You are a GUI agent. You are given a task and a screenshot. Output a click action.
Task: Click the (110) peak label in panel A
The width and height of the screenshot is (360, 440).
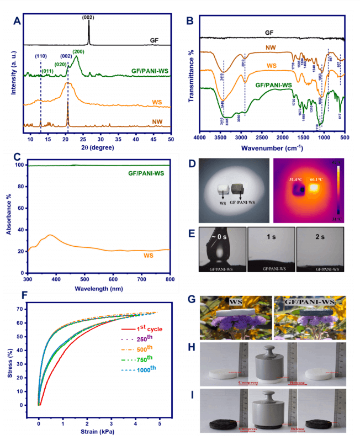pyautogui.click(x=40, y=56)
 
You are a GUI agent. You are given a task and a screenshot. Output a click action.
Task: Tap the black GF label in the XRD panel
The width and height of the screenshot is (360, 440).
pyautogui.click(x=155, y=40)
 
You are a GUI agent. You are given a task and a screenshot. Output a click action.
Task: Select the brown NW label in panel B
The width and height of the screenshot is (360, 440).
pyautogui.click(x=269, y=49)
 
